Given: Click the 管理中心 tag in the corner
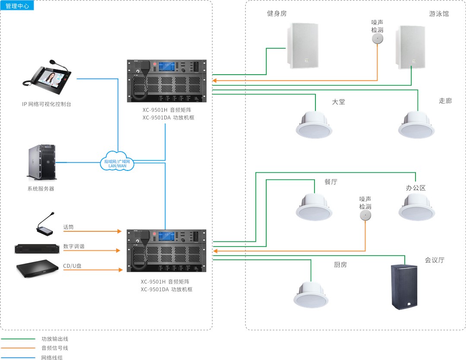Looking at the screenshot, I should click(x=17, y=6).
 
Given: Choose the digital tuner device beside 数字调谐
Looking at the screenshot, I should click(x=37, y=249).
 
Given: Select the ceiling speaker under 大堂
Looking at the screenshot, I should click(x=314, y=125).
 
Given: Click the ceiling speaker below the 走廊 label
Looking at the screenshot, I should click(x=416, y=125).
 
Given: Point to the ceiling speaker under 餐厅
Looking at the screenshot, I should click(x=314, y=207).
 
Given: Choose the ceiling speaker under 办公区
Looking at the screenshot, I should click(x=416, y=207).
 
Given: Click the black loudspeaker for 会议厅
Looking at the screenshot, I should click(x=404, y=287).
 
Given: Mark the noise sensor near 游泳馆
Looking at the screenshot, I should click(x=378, y=39).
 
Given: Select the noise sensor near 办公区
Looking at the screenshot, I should click(x=365, y=216).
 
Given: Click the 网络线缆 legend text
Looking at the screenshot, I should click(x=51, y=357).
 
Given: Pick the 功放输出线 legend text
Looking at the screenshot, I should click(x=54, y=339).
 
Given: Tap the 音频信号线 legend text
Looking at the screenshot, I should click(x=54, y=348).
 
